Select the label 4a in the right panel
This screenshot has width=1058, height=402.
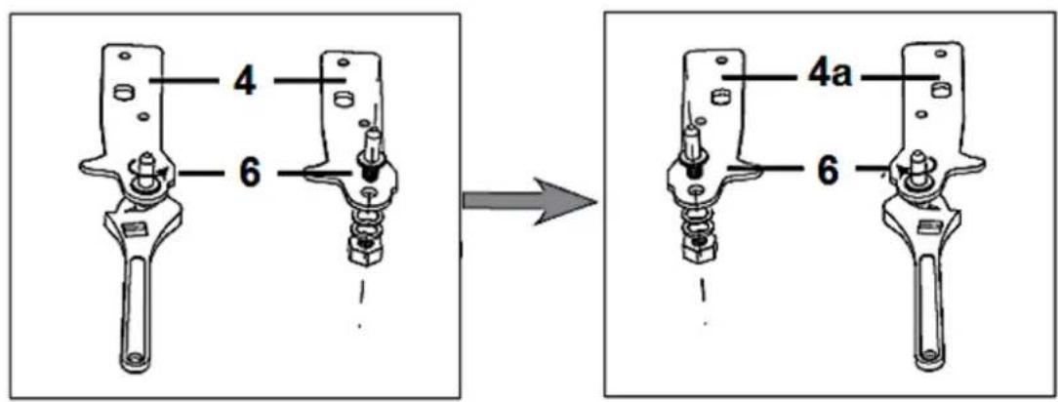click(830, 76)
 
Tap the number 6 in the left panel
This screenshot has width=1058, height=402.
click(250, 174)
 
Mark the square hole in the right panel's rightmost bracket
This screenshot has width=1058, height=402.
click(939, 89)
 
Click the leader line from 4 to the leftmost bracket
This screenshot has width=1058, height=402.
click(184, 81)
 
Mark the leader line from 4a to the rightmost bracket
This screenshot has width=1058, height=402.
click(900, 76)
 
